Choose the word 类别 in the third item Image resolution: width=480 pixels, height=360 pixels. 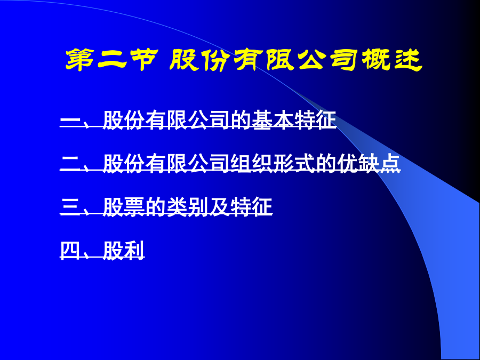point(187,206)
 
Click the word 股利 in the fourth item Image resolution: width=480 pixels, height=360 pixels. point(124,251)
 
